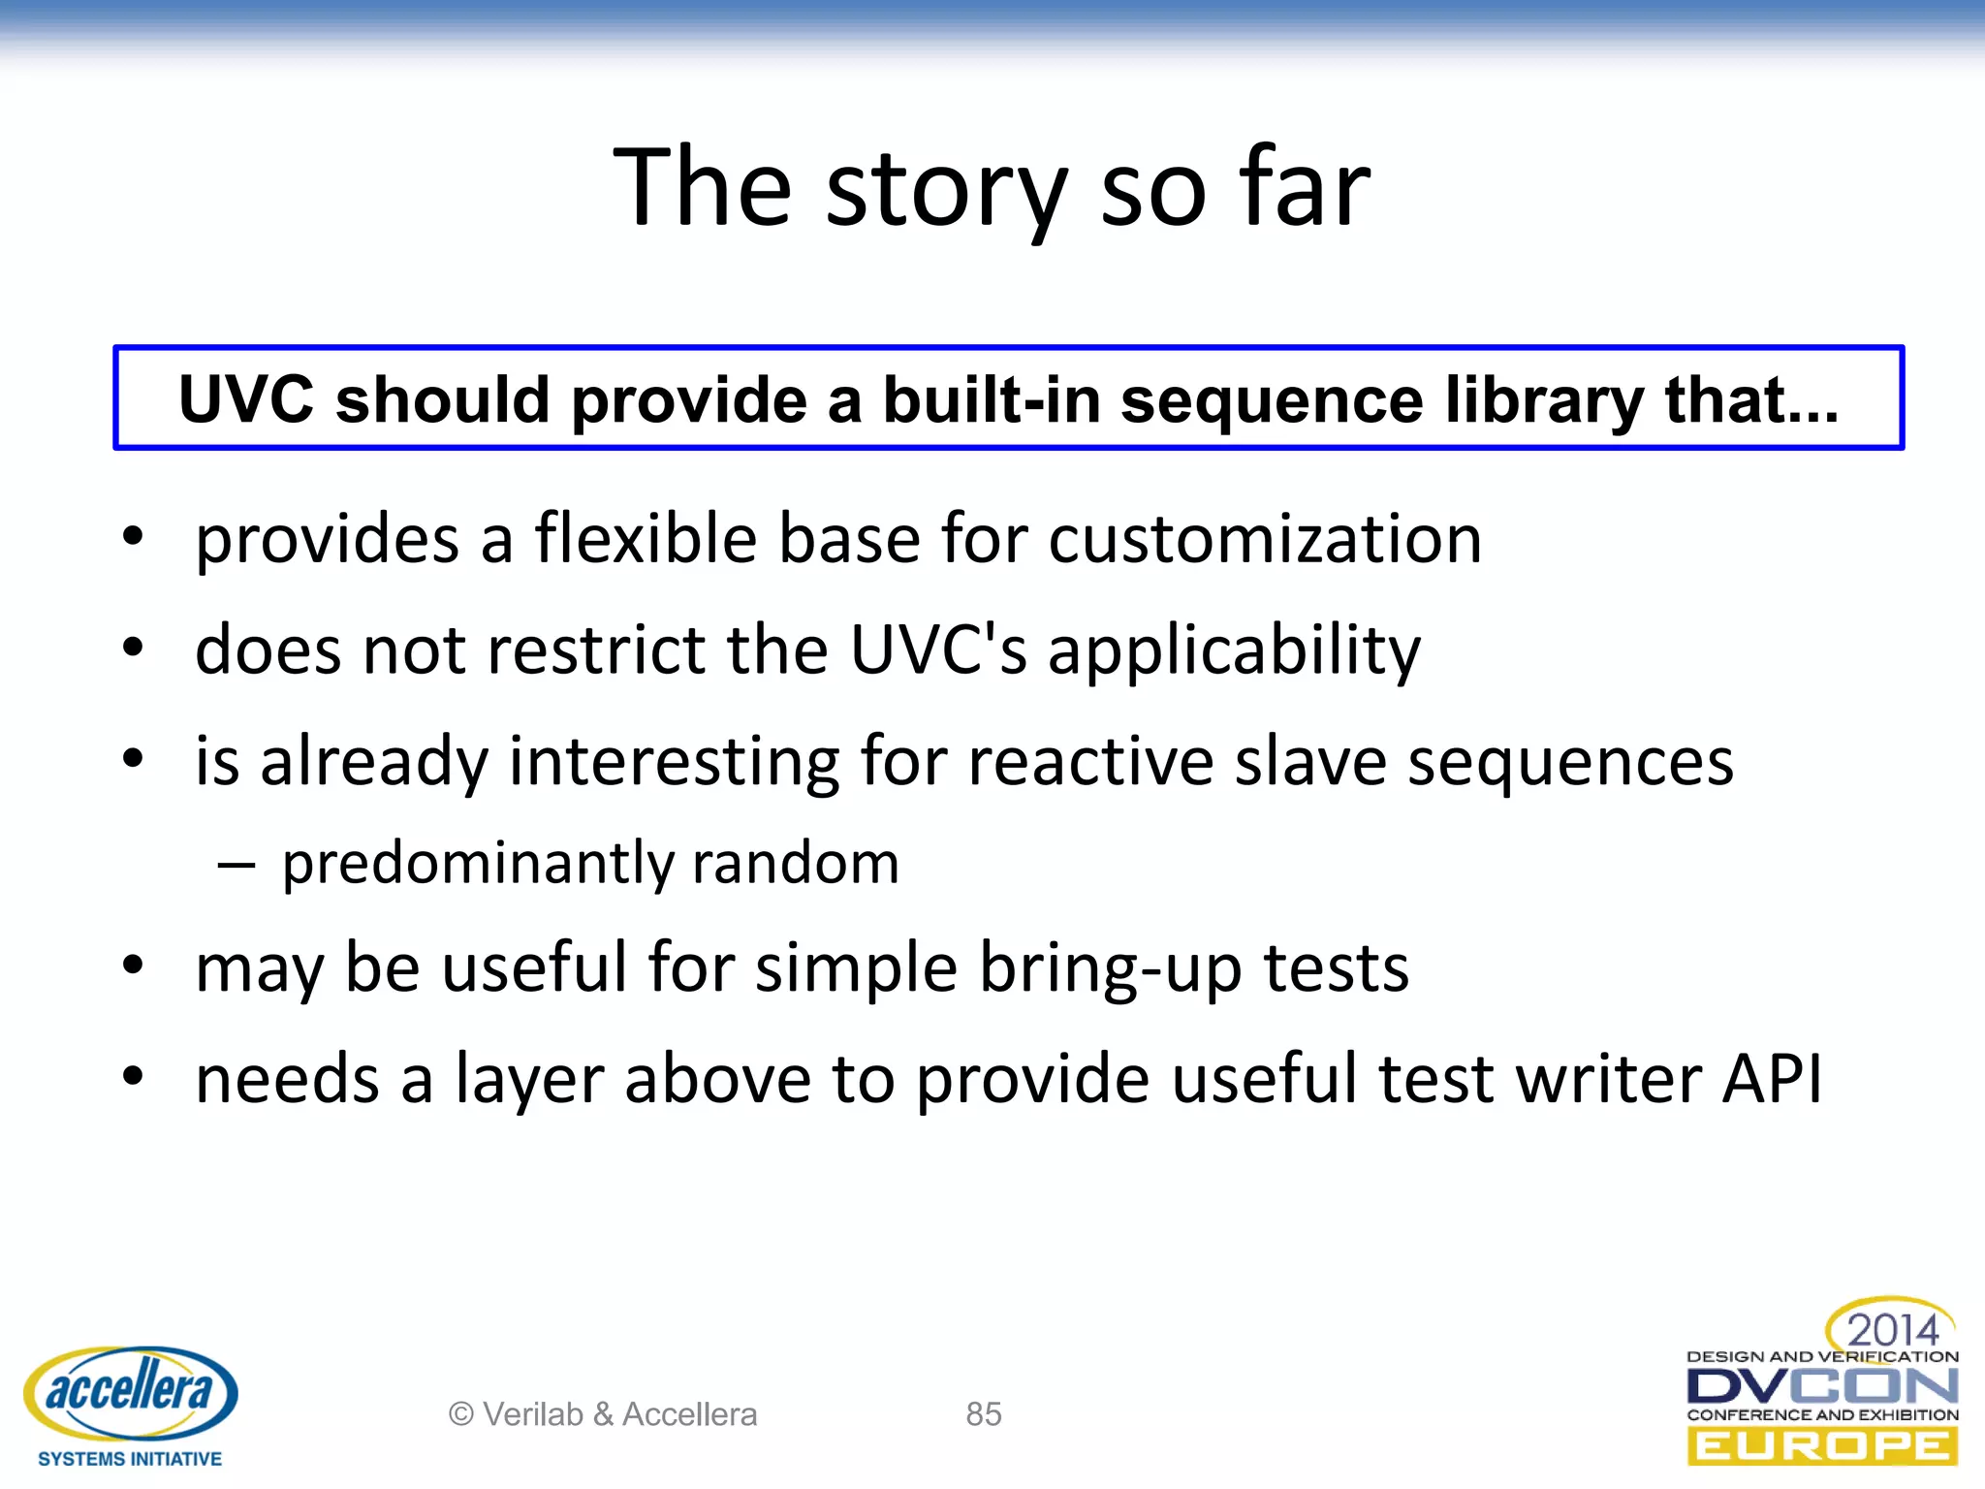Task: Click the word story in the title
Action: pyautogui.click(x=946, y=189)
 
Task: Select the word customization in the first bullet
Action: pyautogui.click(x=1265, y=539)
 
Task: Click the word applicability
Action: pyautogui.click(x=1234, y=650)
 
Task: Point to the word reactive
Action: pyautogui.click(x=1090, y=761)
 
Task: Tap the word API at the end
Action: pyautogui.click(x=1772, y=1079)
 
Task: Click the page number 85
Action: pyautogui.click(x=983, y=1414)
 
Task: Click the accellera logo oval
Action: pyautogui.click(x=130, y=1392)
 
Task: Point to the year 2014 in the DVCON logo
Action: pyautogui.click(x=1891, y=1328)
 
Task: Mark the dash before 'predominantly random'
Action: pyautogui.click(x=236, y=864)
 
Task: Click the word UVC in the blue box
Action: pyautogui.click(x=247, y=399)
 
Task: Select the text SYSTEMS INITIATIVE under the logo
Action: pyautogui.click(x=130, y=1459)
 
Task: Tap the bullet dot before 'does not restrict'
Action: pyautogui.click(x=134, y=647)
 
